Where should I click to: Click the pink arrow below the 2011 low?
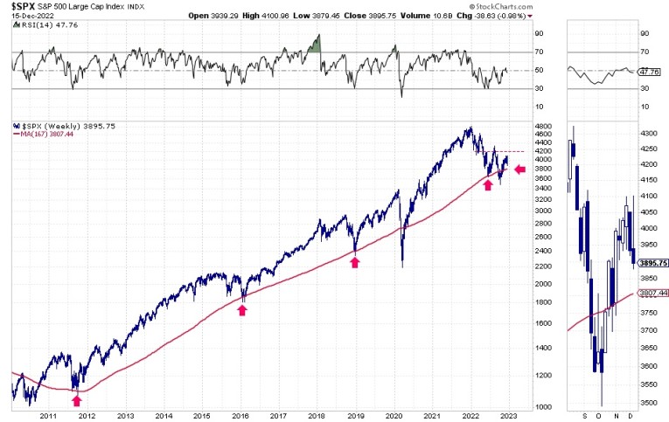(x=77, y=399)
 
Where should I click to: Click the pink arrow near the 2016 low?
(x=242, y=309)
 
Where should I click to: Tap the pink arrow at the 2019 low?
(x=355, y=261)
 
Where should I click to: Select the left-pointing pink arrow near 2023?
(x=520, y=169)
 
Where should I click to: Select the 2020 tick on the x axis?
(x=392, y=417)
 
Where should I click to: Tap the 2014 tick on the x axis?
(x=164, y=417)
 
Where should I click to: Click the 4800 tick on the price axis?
(x=543, y=126)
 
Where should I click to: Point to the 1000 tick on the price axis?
(x=543, y=407)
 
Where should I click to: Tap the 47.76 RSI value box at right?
(x=649, y=73)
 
